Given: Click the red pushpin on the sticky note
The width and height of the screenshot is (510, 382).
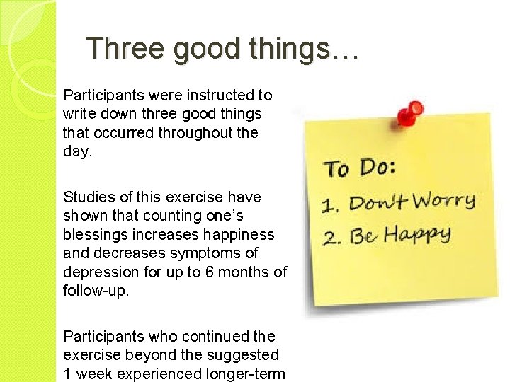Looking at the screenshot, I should click(x=408, y=113).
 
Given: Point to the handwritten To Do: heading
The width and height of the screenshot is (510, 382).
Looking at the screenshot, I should click(x=361, y=168).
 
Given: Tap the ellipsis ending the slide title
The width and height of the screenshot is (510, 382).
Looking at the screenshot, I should click(x=344, y=51).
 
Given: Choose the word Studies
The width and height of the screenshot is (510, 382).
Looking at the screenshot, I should click(x=87, y=197).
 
